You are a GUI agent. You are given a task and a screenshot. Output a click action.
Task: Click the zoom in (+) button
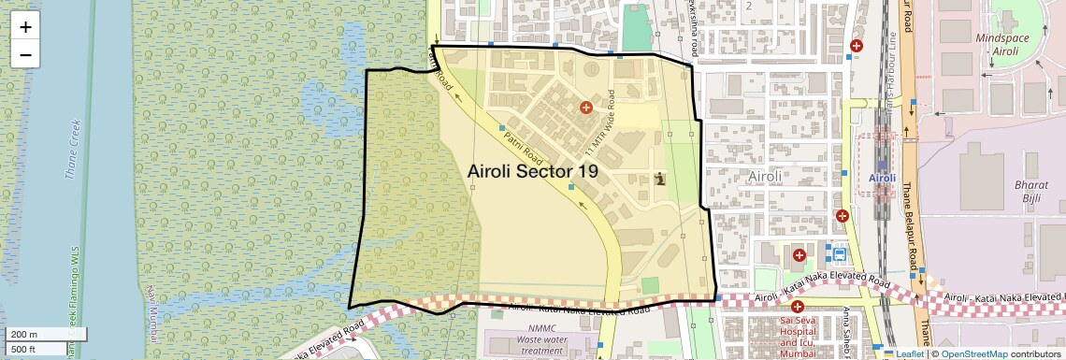coord(25,27)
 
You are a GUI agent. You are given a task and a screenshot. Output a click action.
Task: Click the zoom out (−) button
coord(25,54)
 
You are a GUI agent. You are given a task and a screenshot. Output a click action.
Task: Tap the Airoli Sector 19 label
coord(532,171)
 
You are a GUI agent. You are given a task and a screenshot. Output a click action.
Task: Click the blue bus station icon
coord(839,253)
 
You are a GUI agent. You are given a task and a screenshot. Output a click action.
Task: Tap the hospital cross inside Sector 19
coord(586,108)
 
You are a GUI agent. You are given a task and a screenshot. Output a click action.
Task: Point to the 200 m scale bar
coord(47,334)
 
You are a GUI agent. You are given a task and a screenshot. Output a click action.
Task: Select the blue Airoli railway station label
coord(882,178)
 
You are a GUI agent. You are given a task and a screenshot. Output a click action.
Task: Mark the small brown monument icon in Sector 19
coord(661,179)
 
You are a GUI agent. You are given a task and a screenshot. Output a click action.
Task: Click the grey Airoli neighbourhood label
coord(770,175)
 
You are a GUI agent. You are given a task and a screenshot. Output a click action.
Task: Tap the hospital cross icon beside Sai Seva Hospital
coord(798,306)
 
